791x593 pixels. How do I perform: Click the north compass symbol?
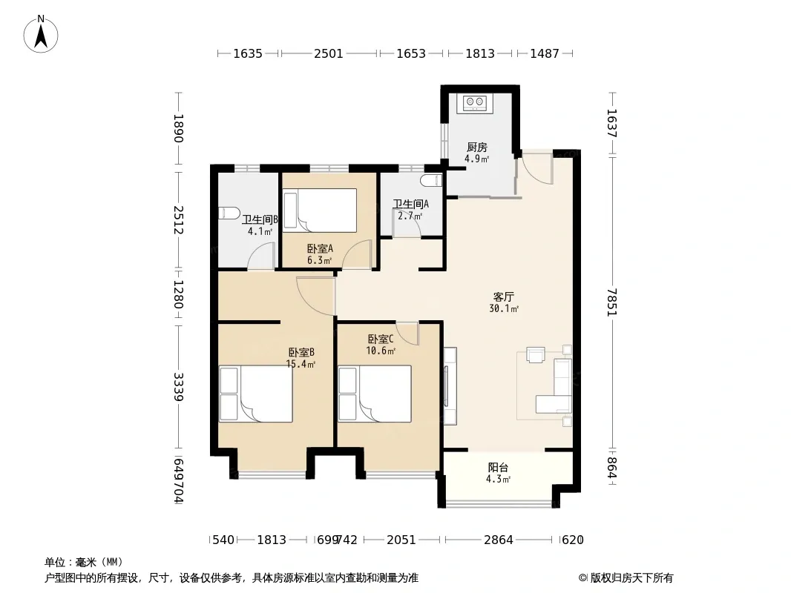[41, 34]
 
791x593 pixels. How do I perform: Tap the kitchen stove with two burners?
[475, 103]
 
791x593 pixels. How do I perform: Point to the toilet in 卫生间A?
[431, 180]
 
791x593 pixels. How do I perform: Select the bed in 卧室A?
[319, 210]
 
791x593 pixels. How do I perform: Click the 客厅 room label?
[503, 296]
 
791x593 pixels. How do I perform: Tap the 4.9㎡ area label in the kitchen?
[476, 159]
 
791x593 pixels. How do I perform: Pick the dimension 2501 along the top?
[329, 53]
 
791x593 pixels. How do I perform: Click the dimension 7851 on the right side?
[612, 302]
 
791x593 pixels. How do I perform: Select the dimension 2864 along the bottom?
[499, 540]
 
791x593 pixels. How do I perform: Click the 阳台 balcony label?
[498, 468]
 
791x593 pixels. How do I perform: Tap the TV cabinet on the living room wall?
[450, 386]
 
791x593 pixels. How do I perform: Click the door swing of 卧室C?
[407, 333]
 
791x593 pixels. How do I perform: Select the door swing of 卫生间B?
[260, 256]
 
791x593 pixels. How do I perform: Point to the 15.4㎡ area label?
[301, 364]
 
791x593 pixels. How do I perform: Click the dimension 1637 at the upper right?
[612, 124]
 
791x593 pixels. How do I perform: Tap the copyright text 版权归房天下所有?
[631, 578]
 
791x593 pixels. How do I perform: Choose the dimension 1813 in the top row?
[480, 53]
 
